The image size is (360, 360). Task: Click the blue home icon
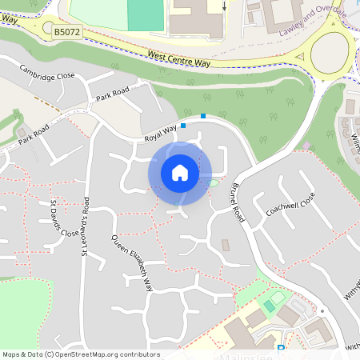pyautogui.click(x=179, y=173)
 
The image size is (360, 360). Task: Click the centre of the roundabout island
pyautogui.click(x=330, y=53)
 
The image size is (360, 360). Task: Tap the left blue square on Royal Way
pyautogui.click(x=183, y=126)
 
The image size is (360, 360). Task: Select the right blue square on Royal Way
pyautogui.click(x=203, y=116)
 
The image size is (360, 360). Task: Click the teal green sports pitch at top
pyautogui.click(x=144, y=14)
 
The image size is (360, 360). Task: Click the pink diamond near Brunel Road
pyautogui.click(x=306, y=145)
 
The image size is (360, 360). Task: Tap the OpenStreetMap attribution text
pyautogui.click(x=81, y=354)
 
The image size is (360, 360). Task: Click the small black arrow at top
pyautogui.click(x=225, y=6)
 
